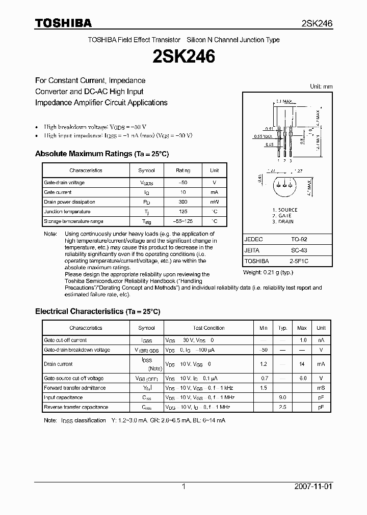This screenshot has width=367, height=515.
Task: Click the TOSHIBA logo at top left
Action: (x=63, y=23)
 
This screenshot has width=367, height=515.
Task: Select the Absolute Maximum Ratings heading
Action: (x=101, y=154)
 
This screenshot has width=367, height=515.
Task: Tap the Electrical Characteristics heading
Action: (x=97, y=311)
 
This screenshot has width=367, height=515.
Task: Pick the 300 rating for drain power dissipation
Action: (x=183, y=202)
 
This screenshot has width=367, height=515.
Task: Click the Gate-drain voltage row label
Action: (x=64, y=183)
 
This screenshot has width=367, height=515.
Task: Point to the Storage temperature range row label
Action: (x=73, y=221)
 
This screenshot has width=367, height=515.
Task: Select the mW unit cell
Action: (x=214, y=202)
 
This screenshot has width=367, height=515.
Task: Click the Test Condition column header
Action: (x=208, y=328)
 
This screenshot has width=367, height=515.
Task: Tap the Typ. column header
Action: (x=283, y=328)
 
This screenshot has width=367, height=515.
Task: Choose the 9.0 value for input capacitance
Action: (x=283, y=397)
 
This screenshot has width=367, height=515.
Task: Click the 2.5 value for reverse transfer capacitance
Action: (x=283, y=407)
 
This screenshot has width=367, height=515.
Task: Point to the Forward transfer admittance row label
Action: (x=75, y=388)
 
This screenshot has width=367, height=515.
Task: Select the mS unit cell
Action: (x=321, y=388)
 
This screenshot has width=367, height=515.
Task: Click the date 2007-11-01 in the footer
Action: (x=313, y=487)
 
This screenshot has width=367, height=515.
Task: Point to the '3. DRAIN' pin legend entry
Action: (x=283, y=222)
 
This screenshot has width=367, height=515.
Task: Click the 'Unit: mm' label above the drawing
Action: (x=321, y=87)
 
